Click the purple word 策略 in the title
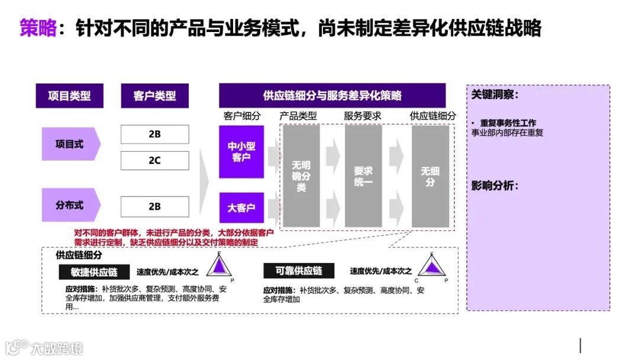[38, 27]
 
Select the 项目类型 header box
[70, 95]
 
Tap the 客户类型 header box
[154, 95]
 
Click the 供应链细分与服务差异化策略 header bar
[332, 95]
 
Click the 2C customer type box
[154, 160]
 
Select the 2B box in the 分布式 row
[154, 207]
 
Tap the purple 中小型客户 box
[241, 152]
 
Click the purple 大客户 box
[241, 208]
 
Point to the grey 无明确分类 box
[301, 176]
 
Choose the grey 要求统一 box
[363, 176]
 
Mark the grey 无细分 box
[430, 176]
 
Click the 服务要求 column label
[363, 116]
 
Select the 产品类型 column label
[298, 116]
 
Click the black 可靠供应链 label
[299, 271]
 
